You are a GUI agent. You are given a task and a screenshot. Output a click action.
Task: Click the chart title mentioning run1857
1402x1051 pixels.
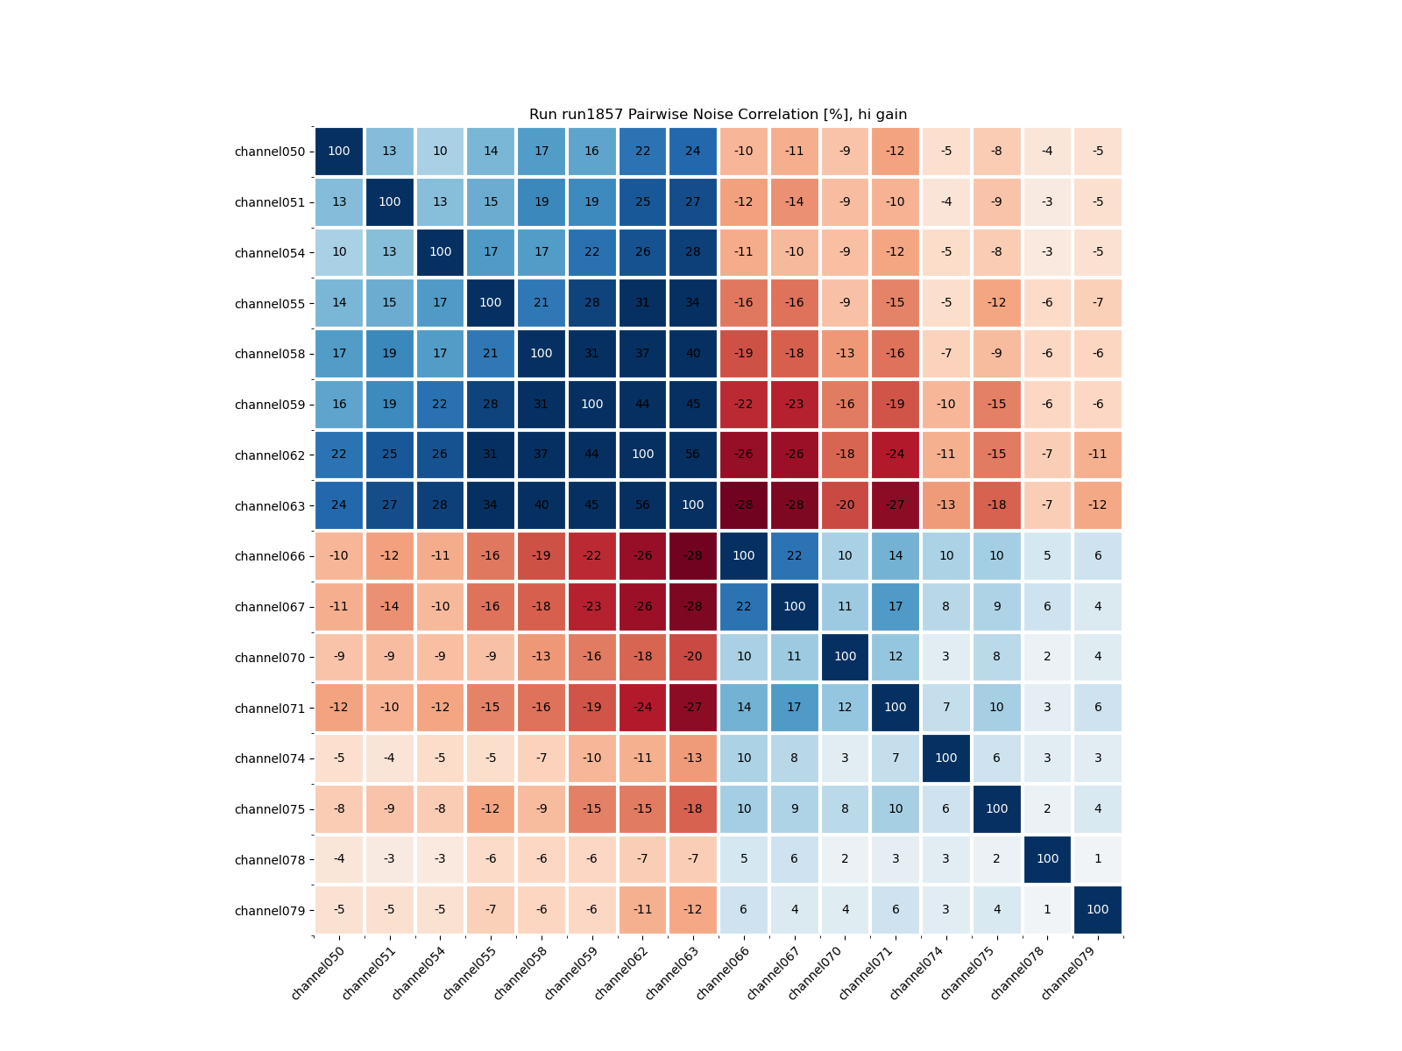718,115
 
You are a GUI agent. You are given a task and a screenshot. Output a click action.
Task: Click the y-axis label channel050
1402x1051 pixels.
270,152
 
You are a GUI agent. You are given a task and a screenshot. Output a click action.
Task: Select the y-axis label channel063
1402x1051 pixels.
270,506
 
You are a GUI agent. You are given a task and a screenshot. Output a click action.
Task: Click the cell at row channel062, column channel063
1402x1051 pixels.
693,455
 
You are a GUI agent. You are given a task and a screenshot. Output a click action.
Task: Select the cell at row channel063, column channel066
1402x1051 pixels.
744,505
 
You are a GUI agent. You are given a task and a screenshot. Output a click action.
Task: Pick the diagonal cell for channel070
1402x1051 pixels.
845,657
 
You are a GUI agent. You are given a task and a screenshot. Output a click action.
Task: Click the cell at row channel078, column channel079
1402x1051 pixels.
1098,859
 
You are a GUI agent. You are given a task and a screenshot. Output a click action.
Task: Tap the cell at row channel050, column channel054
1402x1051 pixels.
440,152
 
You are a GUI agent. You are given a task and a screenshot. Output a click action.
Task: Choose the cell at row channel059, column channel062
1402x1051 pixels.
642,405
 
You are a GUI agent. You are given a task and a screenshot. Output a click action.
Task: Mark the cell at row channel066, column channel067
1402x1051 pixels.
794,556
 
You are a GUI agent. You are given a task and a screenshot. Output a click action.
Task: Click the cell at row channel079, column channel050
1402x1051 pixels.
339,910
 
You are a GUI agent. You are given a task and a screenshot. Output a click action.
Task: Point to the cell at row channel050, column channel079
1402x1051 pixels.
1098,152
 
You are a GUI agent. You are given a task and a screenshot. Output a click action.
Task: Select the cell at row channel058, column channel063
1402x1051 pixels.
693,354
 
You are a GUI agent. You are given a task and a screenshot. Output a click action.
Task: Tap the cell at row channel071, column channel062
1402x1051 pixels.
642,708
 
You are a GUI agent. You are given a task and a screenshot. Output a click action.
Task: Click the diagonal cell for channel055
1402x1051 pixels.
491,303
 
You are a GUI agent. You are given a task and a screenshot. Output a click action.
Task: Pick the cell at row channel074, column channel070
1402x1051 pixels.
845,758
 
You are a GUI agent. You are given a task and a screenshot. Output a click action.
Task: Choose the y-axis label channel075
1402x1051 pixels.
270,809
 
